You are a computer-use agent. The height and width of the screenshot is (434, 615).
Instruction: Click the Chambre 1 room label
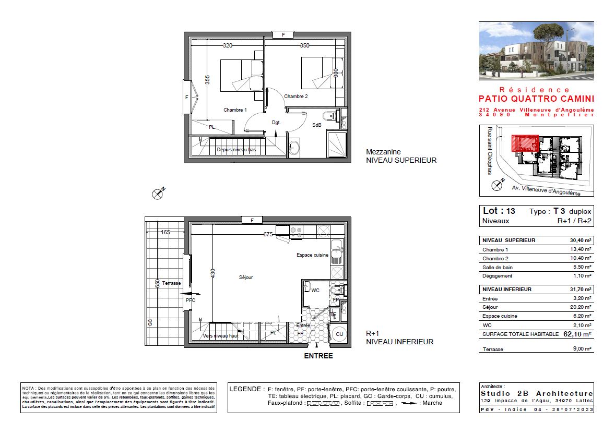point(235,110)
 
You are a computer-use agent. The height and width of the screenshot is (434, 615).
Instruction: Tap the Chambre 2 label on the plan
point(295,97)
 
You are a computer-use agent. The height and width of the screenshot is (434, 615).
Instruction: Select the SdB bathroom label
point(317,125)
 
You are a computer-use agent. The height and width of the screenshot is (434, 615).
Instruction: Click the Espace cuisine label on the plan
point(312,255)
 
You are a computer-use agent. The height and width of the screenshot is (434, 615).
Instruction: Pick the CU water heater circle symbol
point(339,334)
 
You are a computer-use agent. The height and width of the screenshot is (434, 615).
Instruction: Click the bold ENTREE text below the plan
point(318,356)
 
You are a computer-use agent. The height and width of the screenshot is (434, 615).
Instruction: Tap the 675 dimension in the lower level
point(268,235)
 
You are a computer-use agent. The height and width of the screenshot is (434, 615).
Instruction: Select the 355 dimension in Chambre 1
point(207,80)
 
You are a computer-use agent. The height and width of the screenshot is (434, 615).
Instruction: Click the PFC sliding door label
point(190,300)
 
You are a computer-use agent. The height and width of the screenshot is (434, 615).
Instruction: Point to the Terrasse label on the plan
point(171,282)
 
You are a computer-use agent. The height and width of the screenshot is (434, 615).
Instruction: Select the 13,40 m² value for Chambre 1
point(581,250)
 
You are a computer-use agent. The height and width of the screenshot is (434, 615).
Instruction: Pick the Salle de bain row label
point(497,267)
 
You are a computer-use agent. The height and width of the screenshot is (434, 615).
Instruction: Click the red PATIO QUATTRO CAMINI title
point(536,99)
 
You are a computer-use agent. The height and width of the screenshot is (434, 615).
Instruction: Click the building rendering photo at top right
point(536,50)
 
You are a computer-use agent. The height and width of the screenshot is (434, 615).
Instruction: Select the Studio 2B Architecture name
point(536,393)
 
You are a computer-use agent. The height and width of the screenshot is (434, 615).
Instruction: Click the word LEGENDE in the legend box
point(246,389)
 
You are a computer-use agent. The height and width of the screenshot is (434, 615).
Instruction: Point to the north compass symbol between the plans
point(158,194)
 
